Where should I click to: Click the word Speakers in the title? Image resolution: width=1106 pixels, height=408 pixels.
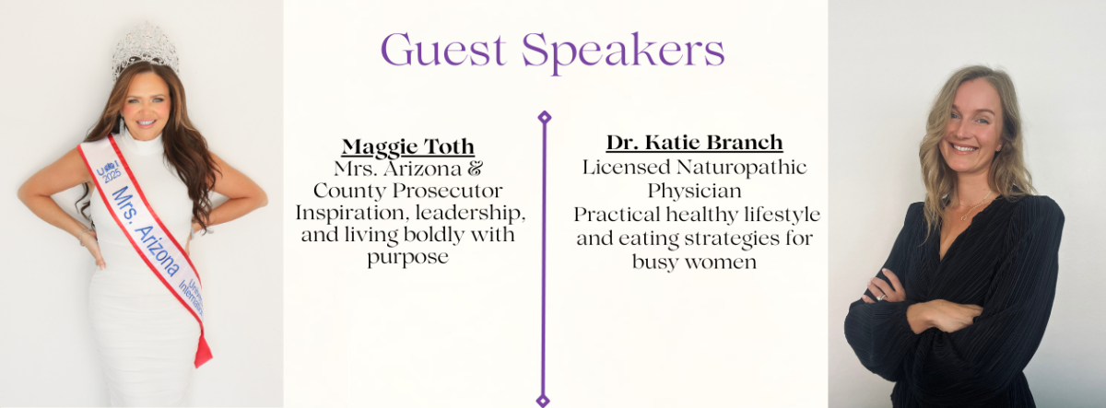click(623, 52)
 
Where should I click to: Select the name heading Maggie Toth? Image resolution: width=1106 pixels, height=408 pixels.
click(408, 146)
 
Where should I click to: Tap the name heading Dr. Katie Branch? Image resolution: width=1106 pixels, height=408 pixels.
click(694, 143)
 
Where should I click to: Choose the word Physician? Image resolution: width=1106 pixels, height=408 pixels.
click(695, 192)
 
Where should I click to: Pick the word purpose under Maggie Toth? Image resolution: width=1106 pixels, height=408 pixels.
click(407, 258)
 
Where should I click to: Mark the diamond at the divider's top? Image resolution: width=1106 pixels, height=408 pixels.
click(544, 117)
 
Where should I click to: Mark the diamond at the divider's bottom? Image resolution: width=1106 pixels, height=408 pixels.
click(543, 401)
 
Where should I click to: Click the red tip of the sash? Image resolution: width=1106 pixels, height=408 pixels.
click(203, 350)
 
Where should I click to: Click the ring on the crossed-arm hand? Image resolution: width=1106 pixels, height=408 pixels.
click(880, 296)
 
